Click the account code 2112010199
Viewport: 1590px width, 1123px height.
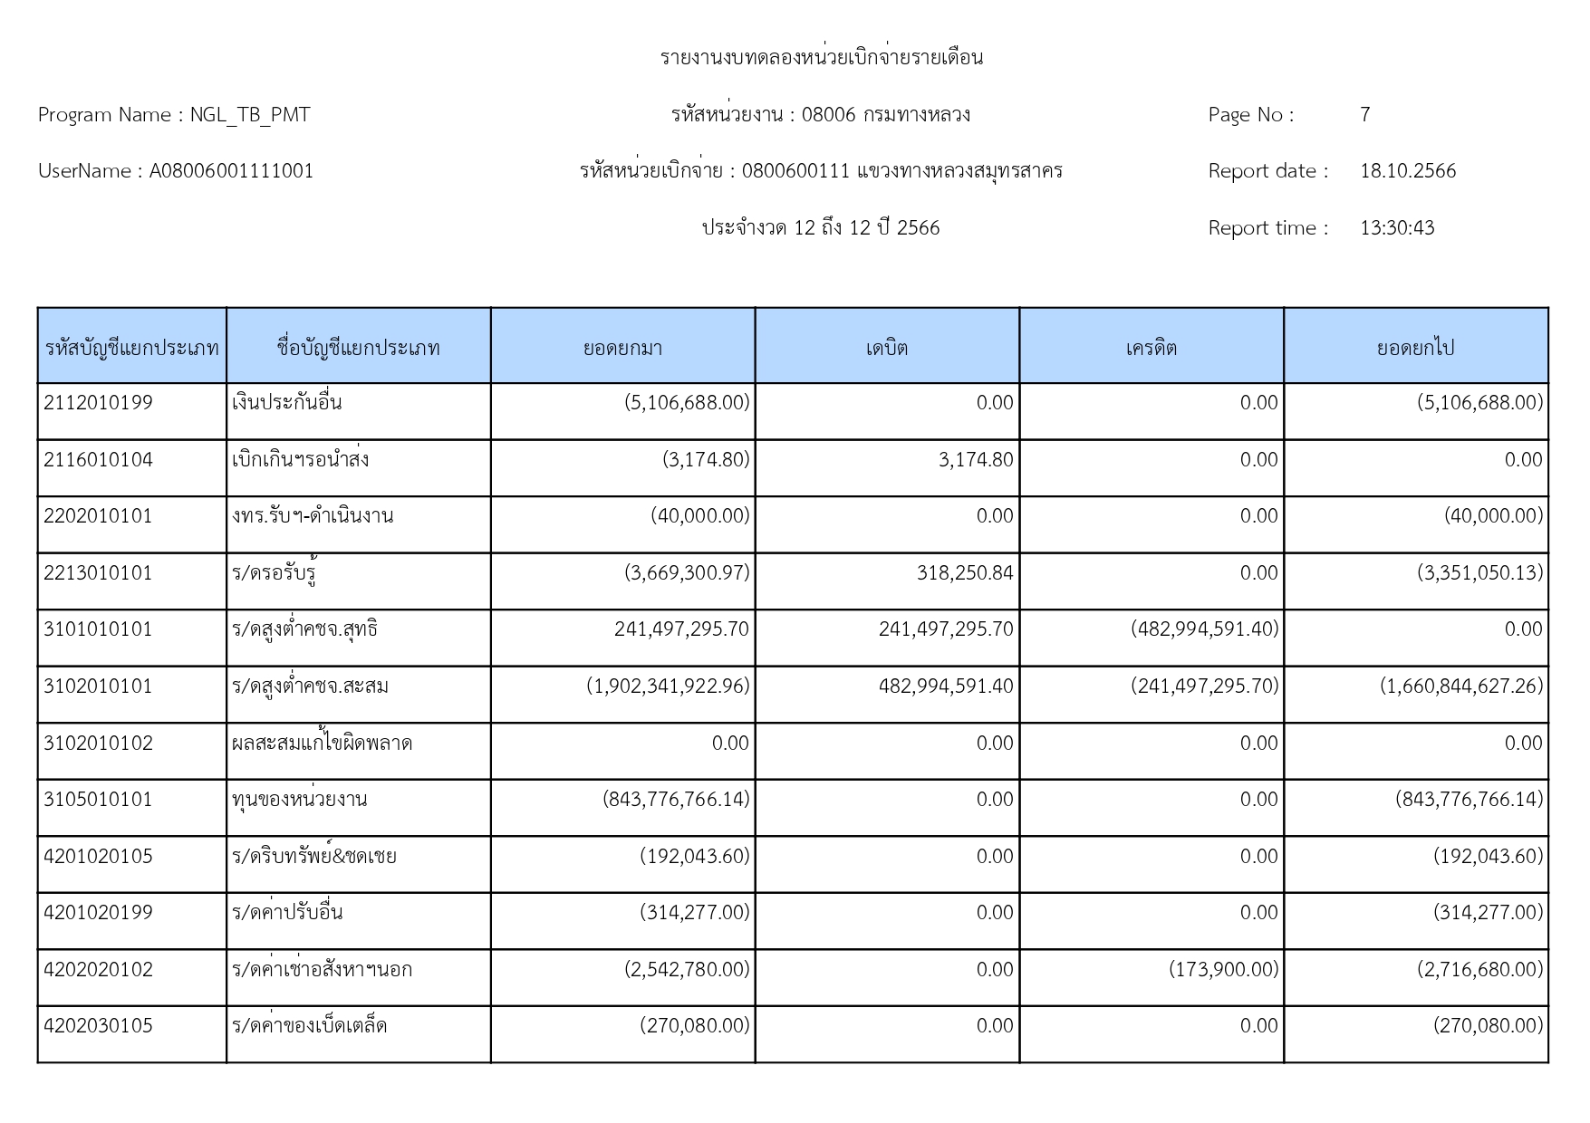point(98,403)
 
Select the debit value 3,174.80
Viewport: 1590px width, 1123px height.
point(976,460)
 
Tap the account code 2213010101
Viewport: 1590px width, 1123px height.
point(98,573)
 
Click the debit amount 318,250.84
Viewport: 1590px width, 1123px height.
point(965,573)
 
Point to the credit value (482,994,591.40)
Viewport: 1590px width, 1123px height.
point(1204,629)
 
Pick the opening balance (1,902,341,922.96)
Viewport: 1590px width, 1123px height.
point(668,686)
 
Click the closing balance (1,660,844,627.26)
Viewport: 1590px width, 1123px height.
point(1461,686)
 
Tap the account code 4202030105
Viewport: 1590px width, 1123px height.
point(98,1026)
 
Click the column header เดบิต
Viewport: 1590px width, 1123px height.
point(887,348)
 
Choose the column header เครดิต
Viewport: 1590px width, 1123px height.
point(1152,348)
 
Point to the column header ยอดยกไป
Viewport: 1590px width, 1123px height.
point(1415,348)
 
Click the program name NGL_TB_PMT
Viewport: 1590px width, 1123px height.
point(250,115)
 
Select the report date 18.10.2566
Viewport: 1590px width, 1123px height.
point(1408,171)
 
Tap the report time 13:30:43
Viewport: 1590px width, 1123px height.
point(1397,228)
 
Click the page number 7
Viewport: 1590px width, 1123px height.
point(1364,115)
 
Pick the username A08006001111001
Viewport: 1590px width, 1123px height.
point(231,171)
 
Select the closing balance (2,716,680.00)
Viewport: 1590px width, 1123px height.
point(1479,970)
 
